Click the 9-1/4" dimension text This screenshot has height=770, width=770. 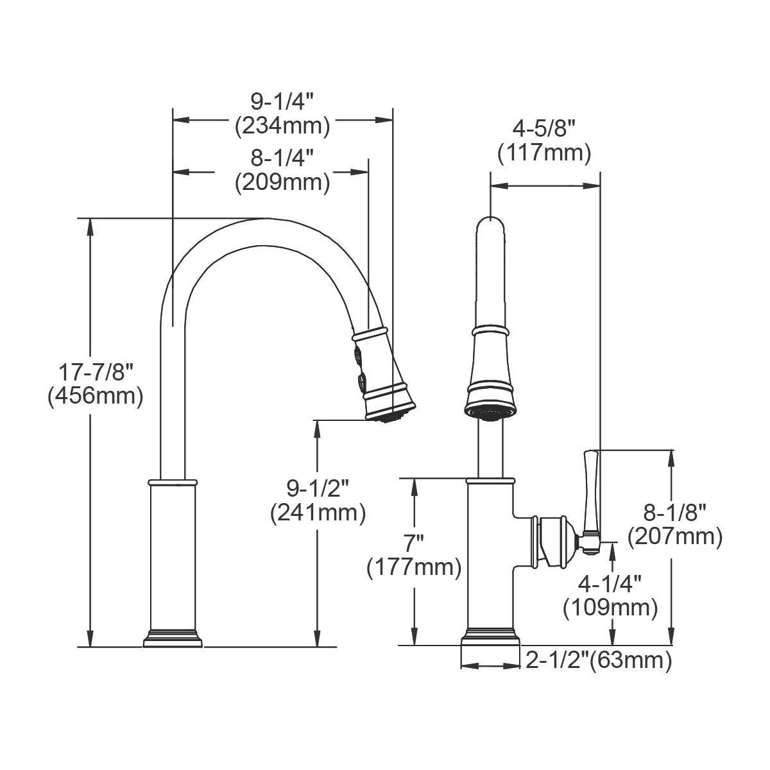[x=282, y=102]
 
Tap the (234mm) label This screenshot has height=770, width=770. [x=282, y=126]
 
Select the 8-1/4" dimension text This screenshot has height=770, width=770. [x=282, y=158]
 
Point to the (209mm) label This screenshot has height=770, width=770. [x=282, y=183]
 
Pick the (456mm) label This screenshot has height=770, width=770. [x=95, y=397]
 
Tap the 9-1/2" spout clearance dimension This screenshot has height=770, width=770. [x=318, y=489]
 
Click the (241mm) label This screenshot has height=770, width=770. [x=318, y=513]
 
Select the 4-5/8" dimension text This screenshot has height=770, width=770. [x=544, y=130]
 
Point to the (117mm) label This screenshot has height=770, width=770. [x=544, y=153]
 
